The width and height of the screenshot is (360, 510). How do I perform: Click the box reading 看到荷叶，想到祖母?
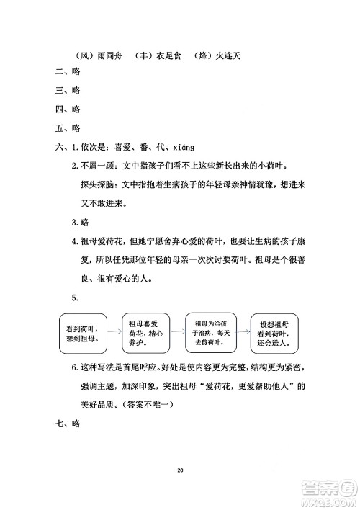pyautogui.click(x=82, y=332)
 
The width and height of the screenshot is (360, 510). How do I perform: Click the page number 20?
pyautogui.click(x=180, y=470)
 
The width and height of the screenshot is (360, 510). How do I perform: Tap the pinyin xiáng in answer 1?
pyautogui.click(x=184, y=148)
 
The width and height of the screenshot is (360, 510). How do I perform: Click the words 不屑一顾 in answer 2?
pyautogui.click(x=100, y=166)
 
